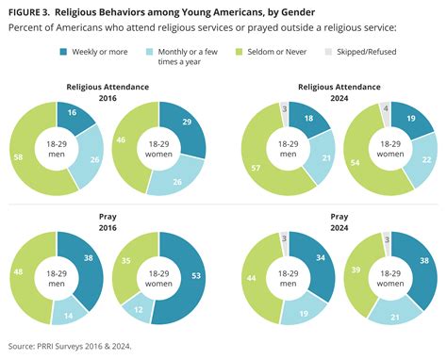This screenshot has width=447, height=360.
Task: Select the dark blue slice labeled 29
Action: [x=189, y=125]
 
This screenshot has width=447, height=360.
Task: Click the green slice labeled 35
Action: [x=125, y=256]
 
